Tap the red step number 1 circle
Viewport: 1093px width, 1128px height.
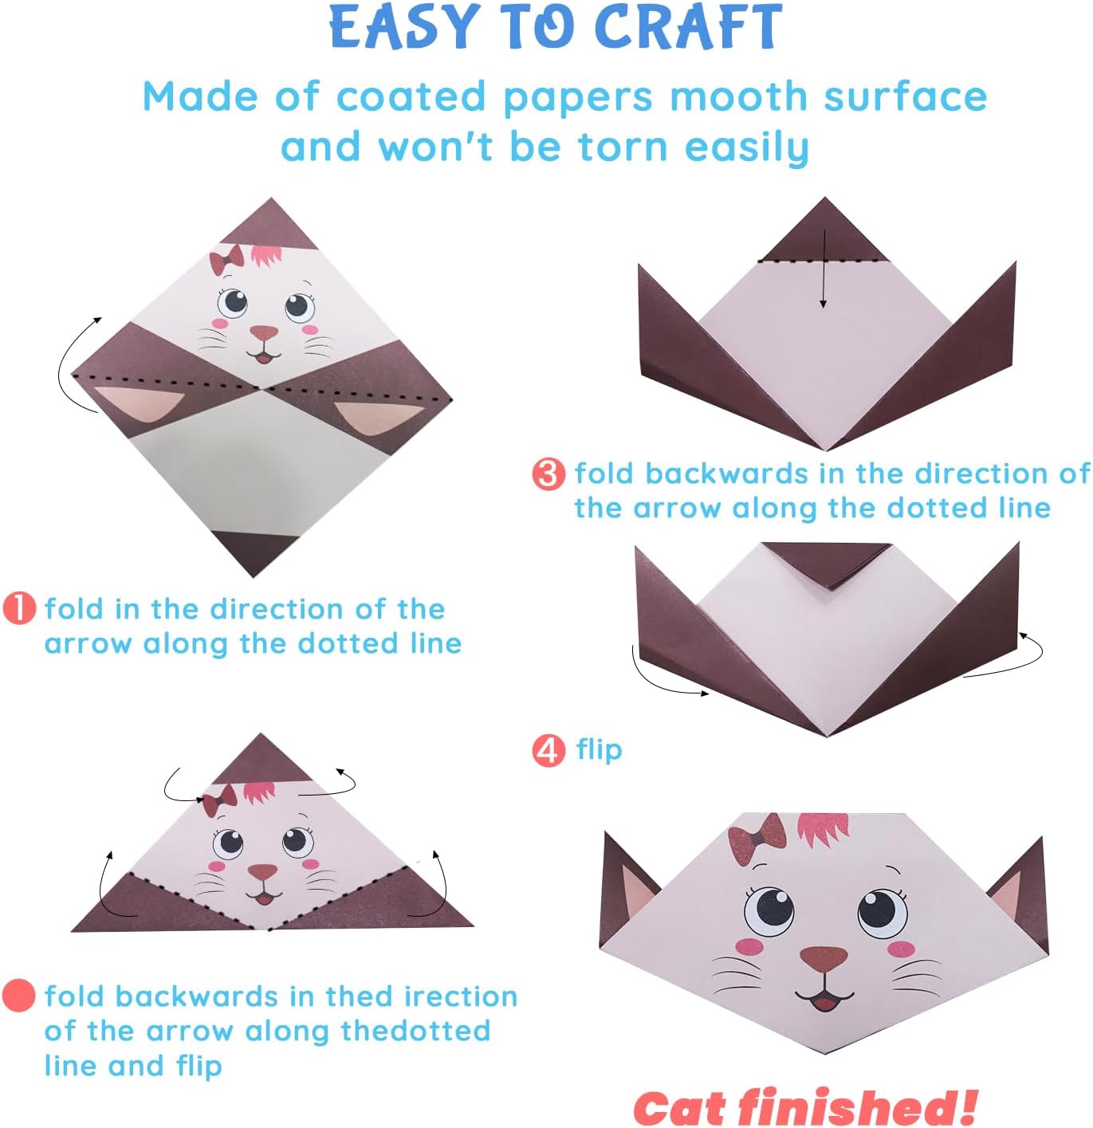(x=20, y=608)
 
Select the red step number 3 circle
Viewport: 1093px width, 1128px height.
(x=548, y=474)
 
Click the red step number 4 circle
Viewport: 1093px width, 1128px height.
(x=548, y=750)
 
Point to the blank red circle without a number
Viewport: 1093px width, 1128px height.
(x=19, y=996)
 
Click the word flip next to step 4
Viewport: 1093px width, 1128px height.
(x=599, y=750)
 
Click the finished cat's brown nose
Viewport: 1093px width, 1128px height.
(x=824, y=958)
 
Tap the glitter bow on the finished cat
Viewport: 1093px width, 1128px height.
(x=757, y=838)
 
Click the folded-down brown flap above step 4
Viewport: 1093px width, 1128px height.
(x=827, y=561)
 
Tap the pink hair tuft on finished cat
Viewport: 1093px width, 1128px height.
(x=824, y=829)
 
